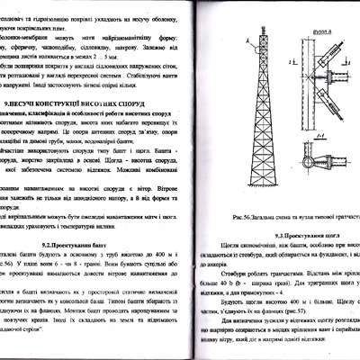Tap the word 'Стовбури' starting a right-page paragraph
231,276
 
